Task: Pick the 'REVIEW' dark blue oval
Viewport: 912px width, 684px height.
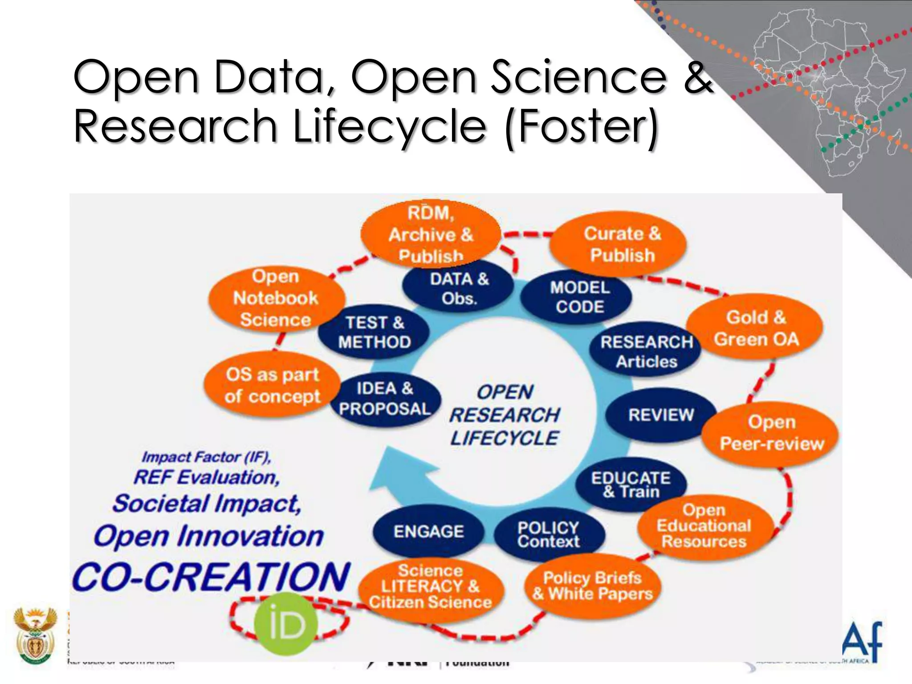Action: pos(660,415)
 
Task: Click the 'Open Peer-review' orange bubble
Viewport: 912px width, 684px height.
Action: pos(770,433)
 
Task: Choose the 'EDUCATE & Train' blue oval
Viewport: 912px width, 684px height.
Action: pos(631,484)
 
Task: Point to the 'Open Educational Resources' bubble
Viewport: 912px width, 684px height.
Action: pos(704,526)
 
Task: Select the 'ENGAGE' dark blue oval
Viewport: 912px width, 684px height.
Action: pos(428,531)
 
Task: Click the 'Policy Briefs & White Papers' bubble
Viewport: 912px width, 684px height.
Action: pos(592,586)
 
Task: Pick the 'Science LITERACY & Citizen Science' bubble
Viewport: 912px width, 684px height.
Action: pos(431,586)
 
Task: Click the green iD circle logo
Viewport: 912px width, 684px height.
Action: pos(286,624)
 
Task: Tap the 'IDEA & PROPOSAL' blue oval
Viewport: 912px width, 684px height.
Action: pos(385,399)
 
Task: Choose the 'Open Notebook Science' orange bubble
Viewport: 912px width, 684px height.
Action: pos(276,298)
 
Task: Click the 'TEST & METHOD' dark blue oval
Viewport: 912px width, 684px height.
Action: pos(374,332)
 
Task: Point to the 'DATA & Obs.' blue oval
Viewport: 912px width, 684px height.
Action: pos(459,289)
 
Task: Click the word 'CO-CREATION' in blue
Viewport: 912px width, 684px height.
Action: pos(211,577)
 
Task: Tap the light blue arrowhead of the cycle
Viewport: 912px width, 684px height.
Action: pos(392,472)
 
